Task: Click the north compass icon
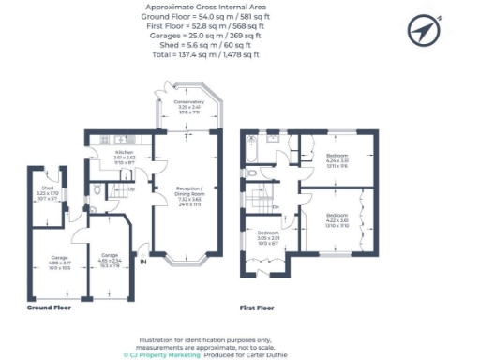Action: [x=423, y=31]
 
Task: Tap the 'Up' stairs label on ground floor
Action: [x=129, y=189]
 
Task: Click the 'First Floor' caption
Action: [x=259, y=307]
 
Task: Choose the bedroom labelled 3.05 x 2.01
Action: [x=268, y=237]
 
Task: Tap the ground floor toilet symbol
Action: [x=99, y=187]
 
